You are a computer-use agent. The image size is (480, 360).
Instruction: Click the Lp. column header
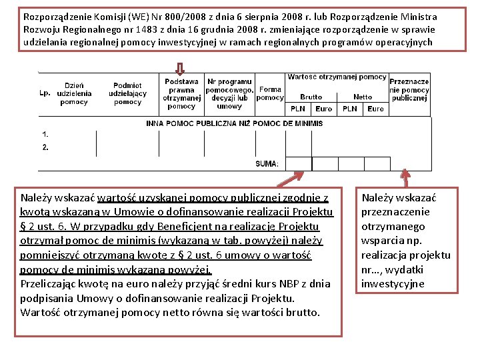coord(45,93)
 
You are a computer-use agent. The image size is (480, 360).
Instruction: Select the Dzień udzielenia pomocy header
coord(74,93)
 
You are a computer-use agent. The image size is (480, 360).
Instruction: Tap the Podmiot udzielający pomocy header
coord(127,93)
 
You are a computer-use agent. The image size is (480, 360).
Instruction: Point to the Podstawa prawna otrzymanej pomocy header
coord(181,93)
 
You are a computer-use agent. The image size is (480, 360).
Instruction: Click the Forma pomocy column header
coord(270,93)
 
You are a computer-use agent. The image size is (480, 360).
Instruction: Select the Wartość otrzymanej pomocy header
coord(337,77)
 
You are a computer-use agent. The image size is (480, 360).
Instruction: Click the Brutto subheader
coord(311,97)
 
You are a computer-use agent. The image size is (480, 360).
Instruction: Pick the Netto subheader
coord(363,97)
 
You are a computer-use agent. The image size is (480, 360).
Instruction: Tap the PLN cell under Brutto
coord(298,109)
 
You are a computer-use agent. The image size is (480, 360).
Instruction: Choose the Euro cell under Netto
coord(376,109)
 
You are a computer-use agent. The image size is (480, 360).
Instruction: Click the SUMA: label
coord(267,164)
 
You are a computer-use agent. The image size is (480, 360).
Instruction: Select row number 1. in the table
coord(45,134)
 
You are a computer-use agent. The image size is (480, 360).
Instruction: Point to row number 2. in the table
coord(45,147)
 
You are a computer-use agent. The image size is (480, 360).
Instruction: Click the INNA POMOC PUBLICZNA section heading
coord(234,123)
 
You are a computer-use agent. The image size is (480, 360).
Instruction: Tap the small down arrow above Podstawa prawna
coord(180,68)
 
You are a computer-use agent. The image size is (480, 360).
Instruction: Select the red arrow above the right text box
coord(405,177)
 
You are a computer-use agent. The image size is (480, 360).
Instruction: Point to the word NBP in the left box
coord(250,283)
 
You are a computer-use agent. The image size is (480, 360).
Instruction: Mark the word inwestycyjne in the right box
coord(393,284)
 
